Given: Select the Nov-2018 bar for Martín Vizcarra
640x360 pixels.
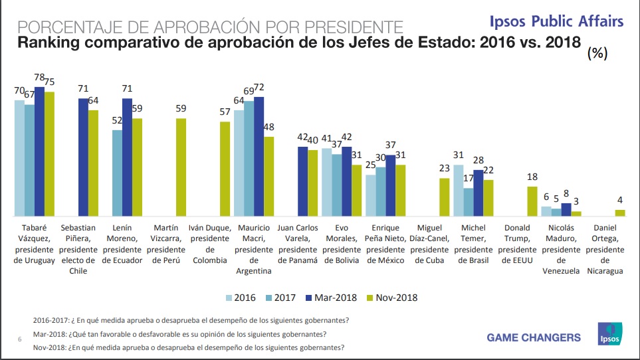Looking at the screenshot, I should (x=181, y=167).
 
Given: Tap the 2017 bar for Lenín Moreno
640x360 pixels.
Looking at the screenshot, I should (x=116, y=173).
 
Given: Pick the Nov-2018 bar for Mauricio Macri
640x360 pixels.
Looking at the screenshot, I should (x=268, y=177).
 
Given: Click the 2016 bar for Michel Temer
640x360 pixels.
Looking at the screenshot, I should (x=459, y=190).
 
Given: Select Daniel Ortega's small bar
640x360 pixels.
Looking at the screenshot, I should (x=620, y=213).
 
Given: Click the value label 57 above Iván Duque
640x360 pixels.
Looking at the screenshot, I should (x=225, y=112).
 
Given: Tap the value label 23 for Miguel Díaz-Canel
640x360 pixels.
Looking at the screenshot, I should (x=445, y=169).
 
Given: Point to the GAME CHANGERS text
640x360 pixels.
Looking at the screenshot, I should (x=534, y=337).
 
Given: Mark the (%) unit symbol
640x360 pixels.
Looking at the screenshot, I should (x=597, y=54).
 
